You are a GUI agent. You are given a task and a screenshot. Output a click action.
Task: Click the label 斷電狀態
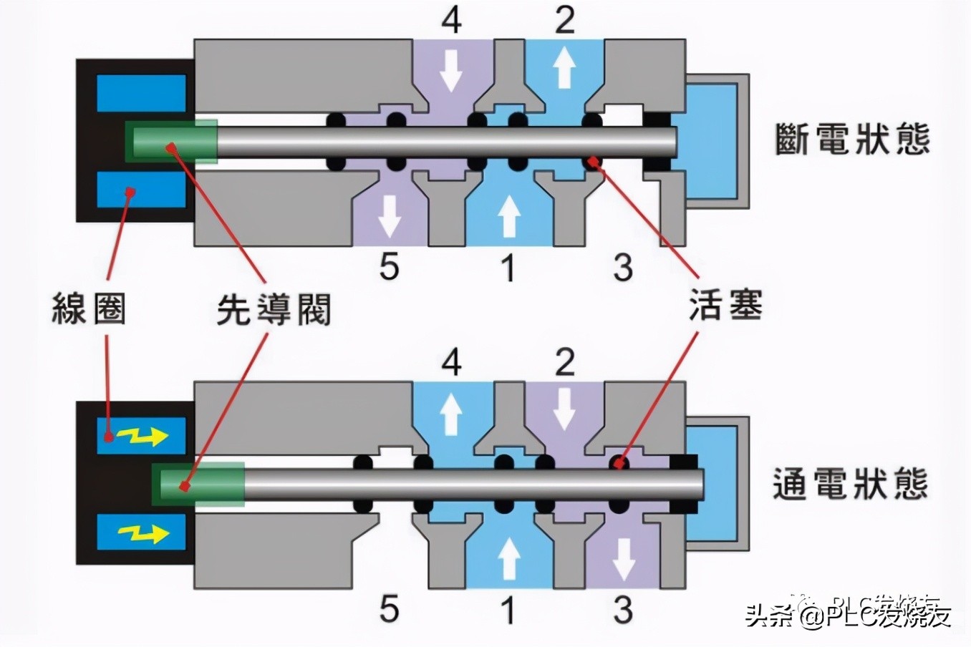pos(852,139)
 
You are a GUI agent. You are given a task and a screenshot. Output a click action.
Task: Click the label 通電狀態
pos(851,484)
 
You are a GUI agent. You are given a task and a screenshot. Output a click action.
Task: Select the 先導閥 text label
pos(274,309)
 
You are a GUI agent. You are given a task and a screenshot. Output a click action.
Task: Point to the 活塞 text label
pos(725,304)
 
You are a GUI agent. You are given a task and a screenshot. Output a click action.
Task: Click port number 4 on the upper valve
pos(451,20)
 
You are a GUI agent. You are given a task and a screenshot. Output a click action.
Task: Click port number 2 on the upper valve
pos(565,20)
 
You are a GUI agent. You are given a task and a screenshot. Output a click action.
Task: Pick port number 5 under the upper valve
pos(389,267)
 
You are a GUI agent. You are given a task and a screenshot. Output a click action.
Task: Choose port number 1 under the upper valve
pos(508,267)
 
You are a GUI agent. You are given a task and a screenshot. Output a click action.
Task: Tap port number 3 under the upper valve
pos(623,267)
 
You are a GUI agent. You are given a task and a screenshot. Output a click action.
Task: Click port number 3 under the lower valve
pos(623,609)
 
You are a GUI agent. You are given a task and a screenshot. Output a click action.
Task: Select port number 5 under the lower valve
pos(389,609)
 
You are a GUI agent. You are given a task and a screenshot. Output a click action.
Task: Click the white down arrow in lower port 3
pos(623,559)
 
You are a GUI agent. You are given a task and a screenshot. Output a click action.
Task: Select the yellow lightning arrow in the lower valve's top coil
pos(142,435)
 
